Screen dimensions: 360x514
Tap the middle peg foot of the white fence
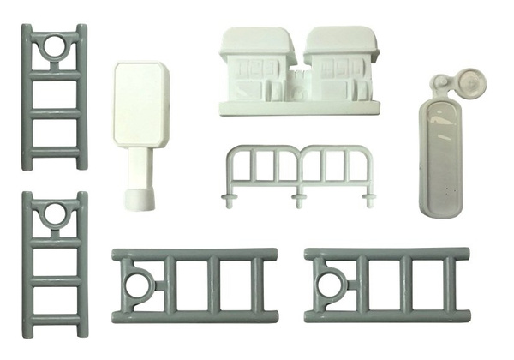tap(300, 200)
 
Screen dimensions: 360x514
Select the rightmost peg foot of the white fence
tap(370, 200)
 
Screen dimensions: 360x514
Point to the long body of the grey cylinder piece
tap(442, 159)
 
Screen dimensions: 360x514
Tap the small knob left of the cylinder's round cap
tap(439, 83)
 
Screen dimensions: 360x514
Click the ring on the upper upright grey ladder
tap(54, 45)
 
